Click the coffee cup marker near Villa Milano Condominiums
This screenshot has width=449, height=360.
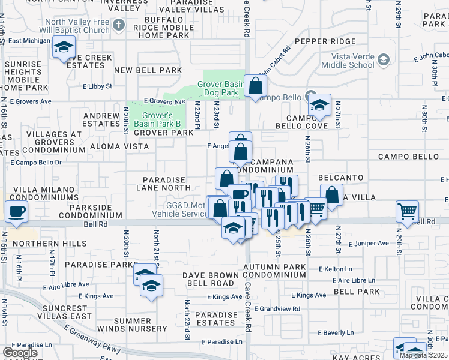(16, 211)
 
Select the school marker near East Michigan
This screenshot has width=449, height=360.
(63, 47)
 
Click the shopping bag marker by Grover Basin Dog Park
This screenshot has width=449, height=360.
(255, 86)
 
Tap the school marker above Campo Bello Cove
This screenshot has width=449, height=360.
(320, 105)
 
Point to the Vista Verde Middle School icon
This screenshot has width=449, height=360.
(382, 60)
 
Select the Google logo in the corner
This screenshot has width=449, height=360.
(20, 353)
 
